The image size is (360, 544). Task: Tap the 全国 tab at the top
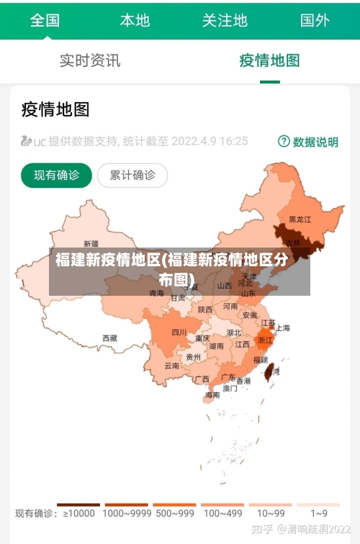pos(45,20)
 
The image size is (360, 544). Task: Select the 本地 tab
pos(135,20)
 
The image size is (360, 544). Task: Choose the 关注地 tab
pos(225,20)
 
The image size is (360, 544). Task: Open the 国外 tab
pos(315,20)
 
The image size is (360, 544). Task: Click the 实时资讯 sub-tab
pos(90,60)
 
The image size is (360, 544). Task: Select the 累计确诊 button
pos(132,175)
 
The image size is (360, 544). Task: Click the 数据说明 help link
pos(308,142)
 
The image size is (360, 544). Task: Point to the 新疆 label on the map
pos(91,243)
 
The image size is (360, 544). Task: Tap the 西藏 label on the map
pos(109,337)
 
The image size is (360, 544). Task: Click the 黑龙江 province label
pos(300,219)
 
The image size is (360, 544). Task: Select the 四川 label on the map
pos(179,332)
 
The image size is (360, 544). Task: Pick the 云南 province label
pos(171,366)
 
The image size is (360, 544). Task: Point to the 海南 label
pos(212,394)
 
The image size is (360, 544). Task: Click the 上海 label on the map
pos(282,328)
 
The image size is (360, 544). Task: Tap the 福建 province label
pos(260,359)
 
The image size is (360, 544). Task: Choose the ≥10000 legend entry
pos(78,513)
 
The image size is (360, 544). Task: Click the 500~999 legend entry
pos(174,513)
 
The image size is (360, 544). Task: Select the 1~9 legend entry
pos(319,513)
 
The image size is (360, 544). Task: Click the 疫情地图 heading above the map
pos(55,109)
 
